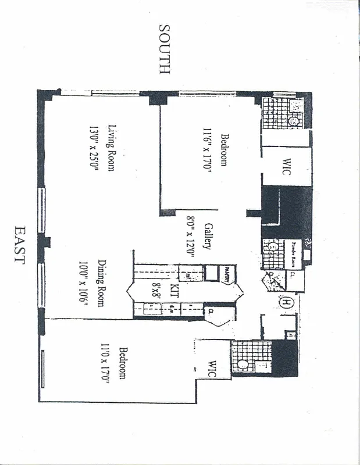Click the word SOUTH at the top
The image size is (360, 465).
coord(164,49)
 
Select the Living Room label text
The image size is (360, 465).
coord(112,148)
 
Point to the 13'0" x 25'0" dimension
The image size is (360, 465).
coord(94,148)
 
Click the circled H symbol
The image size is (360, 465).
coord(287,302)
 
